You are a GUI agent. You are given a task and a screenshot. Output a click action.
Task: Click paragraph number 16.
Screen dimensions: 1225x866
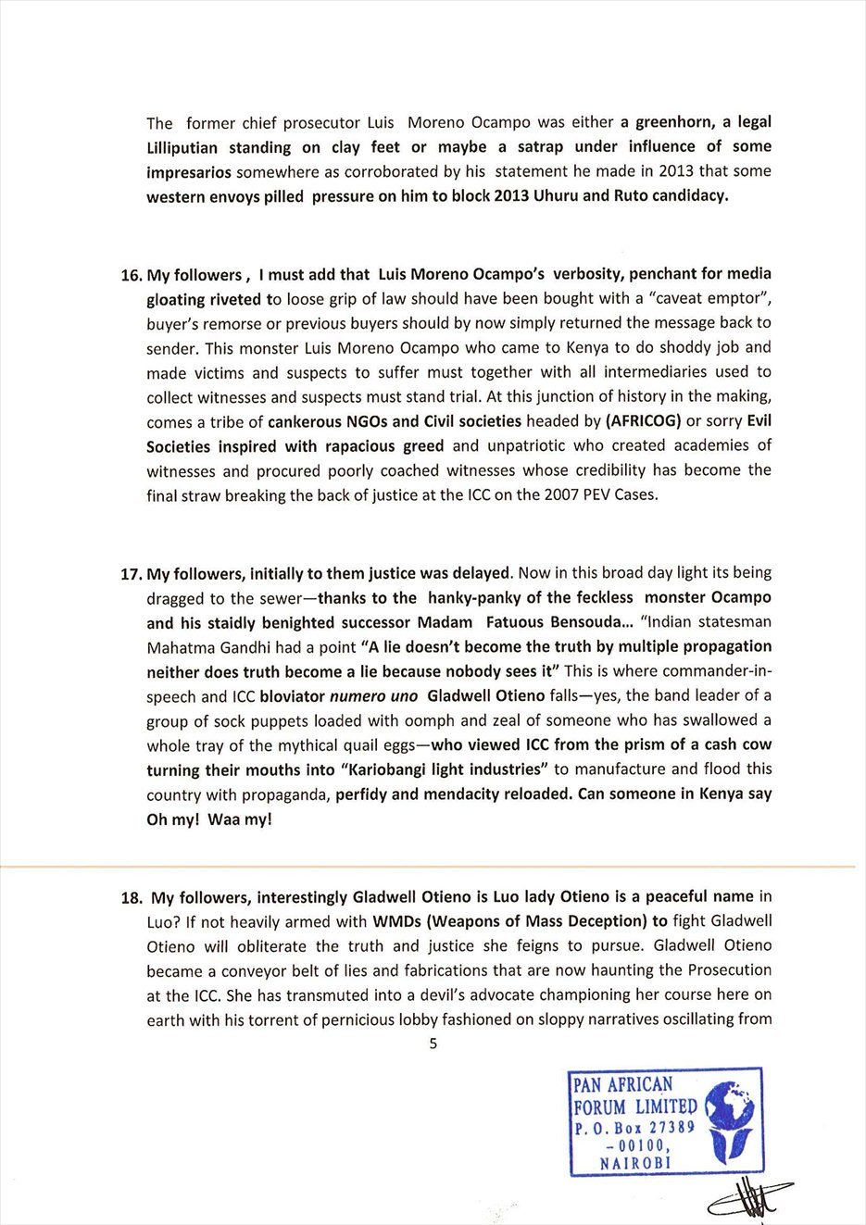pos(132,275)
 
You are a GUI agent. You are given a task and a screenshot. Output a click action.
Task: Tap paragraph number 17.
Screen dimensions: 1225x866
pos(132,574)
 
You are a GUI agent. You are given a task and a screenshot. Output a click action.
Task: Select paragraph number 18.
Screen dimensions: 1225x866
pos(132,897)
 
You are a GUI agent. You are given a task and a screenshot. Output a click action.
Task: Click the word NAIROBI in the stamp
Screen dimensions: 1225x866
pos(635,1162)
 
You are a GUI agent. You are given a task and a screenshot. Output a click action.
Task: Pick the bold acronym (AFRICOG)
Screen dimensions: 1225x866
pos(643,421)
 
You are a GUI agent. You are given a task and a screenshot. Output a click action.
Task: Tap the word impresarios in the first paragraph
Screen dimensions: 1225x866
pos(190,172)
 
